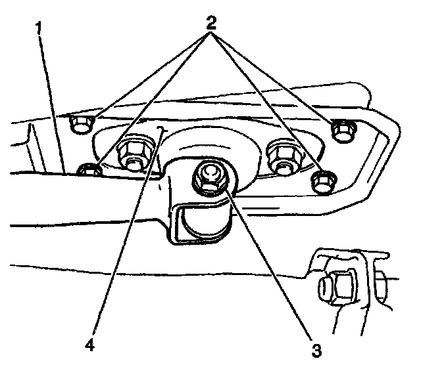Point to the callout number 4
(x=90, y=343)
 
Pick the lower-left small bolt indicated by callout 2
(x=89, y=171)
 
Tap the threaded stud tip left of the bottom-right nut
(x=318, y=286)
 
